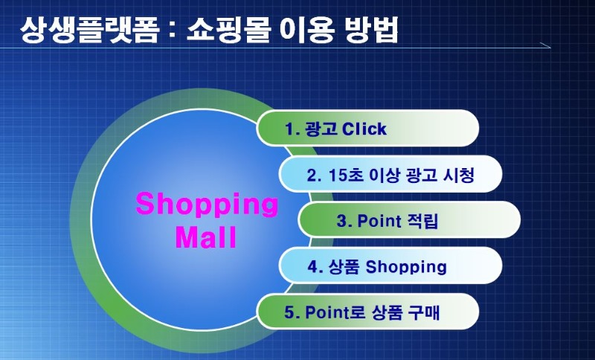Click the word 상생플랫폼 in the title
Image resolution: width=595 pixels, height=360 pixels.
tap(89, 29)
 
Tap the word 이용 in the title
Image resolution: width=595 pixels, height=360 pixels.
tap(307, 29)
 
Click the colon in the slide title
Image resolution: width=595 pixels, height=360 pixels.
tap(173, 30)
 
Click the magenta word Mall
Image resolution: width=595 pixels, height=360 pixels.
tap(206, 237)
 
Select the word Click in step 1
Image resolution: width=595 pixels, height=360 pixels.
tap(364, 129)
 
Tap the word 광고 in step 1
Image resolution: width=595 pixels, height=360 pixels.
tap(321, 129)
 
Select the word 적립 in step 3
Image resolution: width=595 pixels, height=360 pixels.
tap(422, 221)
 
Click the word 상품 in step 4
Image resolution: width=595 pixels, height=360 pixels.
tap(344, 267)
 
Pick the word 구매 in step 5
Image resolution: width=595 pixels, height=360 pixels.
tap(424, 312)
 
